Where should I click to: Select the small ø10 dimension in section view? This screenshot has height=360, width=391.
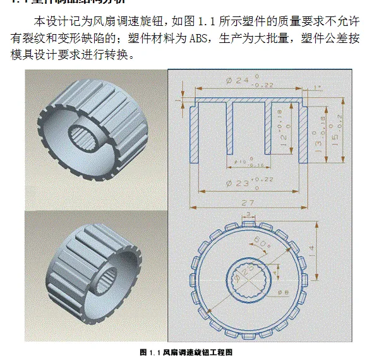click(243, 162)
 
